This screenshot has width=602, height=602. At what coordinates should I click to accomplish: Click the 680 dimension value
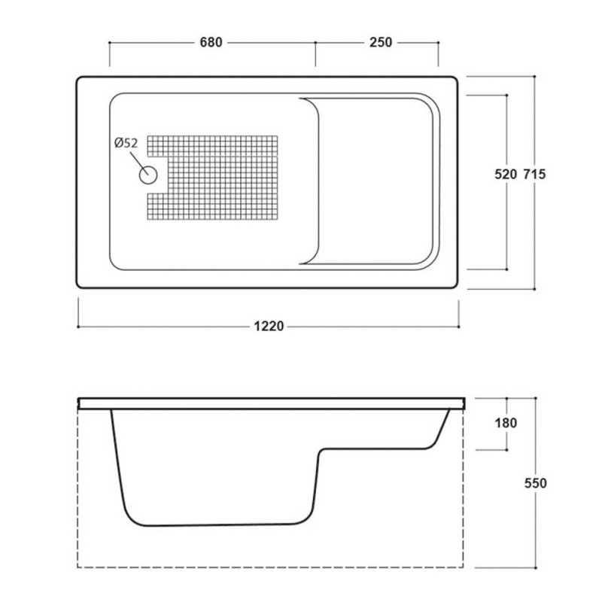pyautogui.click(x=211, y=42)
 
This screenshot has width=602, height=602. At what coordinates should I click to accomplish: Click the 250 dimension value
pyautogui.click(x=381, y=42)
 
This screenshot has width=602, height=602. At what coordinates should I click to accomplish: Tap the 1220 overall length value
pyautogui.click(x=269, y=327)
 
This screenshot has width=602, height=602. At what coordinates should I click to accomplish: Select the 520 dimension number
pyautogui.click(x=506, y=175)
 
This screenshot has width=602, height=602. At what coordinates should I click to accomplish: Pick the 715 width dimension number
pyautogui.click(x=534, y=175)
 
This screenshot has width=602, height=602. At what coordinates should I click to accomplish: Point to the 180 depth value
pyautogui.click(x=506, y=423)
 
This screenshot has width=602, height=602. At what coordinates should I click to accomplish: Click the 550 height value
pyautogui.click(x=536, y=483)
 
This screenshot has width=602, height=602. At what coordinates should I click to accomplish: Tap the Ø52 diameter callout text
pyautogui.click(x=126, y=143)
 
